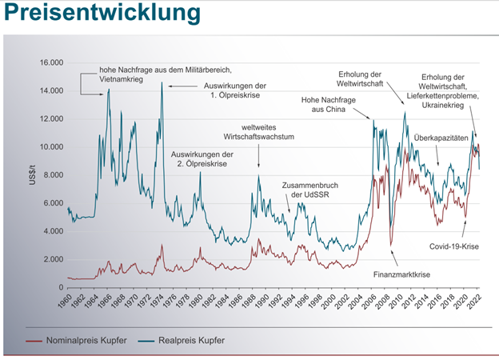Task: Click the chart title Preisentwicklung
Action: tap(101, 14)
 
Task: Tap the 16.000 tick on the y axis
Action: tap(50, 62)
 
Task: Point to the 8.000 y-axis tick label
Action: tap(52, 175)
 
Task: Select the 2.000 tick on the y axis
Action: tap(52, 259)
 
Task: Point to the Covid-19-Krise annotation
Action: tap(452, 247)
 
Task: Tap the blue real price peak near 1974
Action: tap(162, 83)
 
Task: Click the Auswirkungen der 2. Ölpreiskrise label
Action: tap(202, 158)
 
